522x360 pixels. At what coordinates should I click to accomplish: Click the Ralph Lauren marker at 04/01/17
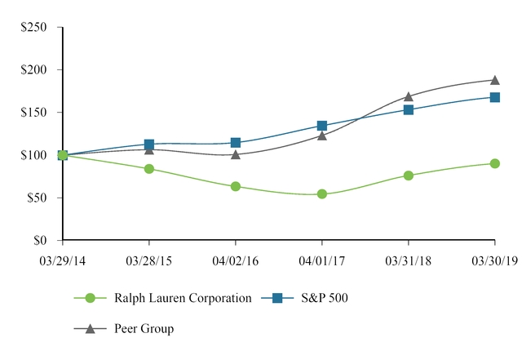pos(322,194)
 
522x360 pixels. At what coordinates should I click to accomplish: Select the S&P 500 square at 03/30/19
pos(495,97)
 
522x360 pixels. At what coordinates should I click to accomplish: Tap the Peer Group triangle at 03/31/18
pos(409,96)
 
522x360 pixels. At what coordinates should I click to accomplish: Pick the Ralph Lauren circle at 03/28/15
pos(149,169)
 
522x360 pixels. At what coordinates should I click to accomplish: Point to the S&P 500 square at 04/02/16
pos(236,143)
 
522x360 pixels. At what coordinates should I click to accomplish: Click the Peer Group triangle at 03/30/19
pos(495,80)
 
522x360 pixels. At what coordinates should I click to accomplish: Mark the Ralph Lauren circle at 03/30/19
pos(495,163)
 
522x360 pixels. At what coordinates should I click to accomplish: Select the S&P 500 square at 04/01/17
pos(322,126)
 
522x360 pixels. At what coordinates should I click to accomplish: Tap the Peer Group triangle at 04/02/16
pos(236,153)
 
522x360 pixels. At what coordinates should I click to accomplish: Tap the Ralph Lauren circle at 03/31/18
pos(409,176)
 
